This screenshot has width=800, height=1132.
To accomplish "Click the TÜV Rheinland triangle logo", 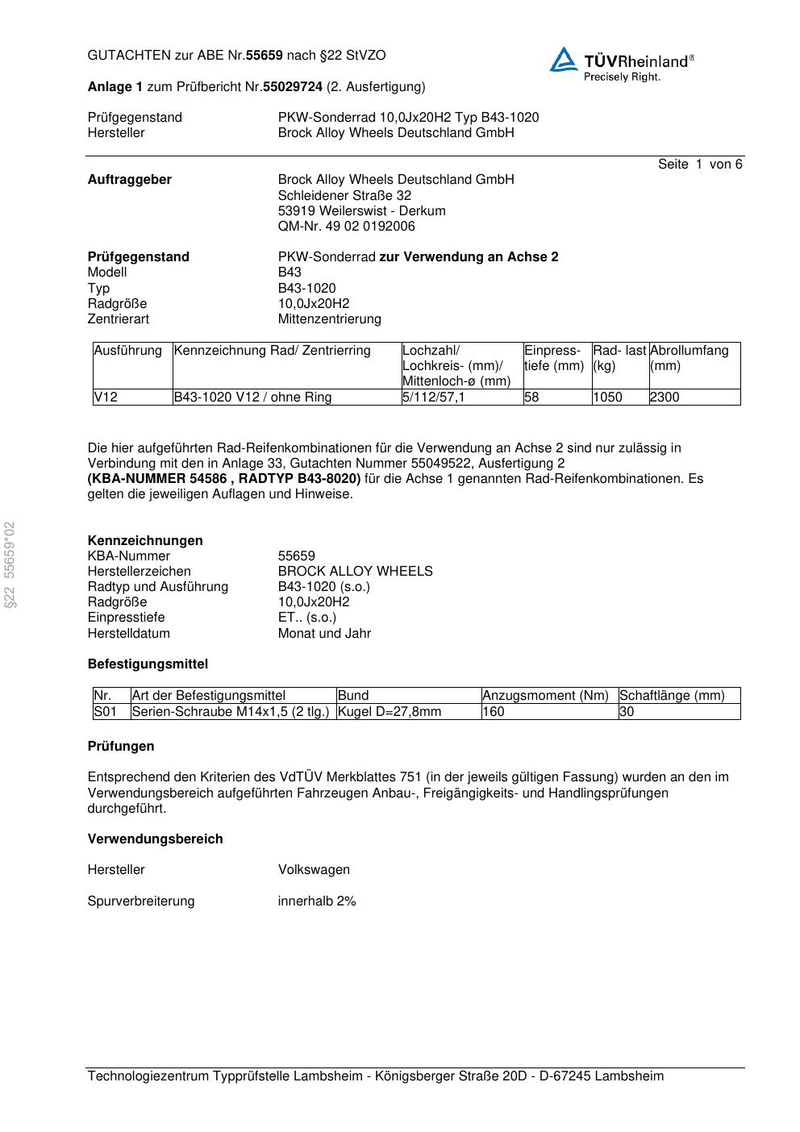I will pos(564,60).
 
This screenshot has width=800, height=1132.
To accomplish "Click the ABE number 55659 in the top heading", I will pos(265,56).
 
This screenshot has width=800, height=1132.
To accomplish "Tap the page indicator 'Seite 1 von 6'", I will pos(699,164).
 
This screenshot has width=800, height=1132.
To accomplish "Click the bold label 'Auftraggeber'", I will pos(129,180).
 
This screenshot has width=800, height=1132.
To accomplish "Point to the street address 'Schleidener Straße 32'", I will pos(344,195).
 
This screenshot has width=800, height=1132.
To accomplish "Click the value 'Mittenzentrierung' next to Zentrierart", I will pos(329,319).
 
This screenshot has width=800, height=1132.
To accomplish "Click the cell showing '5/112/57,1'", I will pos(434,397).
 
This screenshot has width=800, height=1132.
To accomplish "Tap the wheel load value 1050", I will pos(607,397).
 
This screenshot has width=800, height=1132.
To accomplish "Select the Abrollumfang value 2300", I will pos(665,397).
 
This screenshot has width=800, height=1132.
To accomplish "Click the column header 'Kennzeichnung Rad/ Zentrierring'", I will pos(273,351).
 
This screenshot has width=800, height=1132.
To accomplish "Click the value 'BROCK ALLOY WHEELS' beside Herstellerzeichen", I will pos(355,572).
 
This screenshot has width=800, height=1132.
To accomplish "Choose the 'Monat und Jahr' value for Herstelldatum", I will pos(324,634).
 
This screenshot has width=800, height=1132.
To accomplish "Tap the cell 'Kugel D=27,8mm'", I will pos(390,712).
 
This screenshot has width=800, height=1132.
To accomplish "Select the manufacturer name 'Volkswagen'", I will pos(314,870).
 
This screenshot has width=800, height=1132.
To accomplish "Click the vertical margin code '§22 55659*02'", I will pos(10,564).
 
